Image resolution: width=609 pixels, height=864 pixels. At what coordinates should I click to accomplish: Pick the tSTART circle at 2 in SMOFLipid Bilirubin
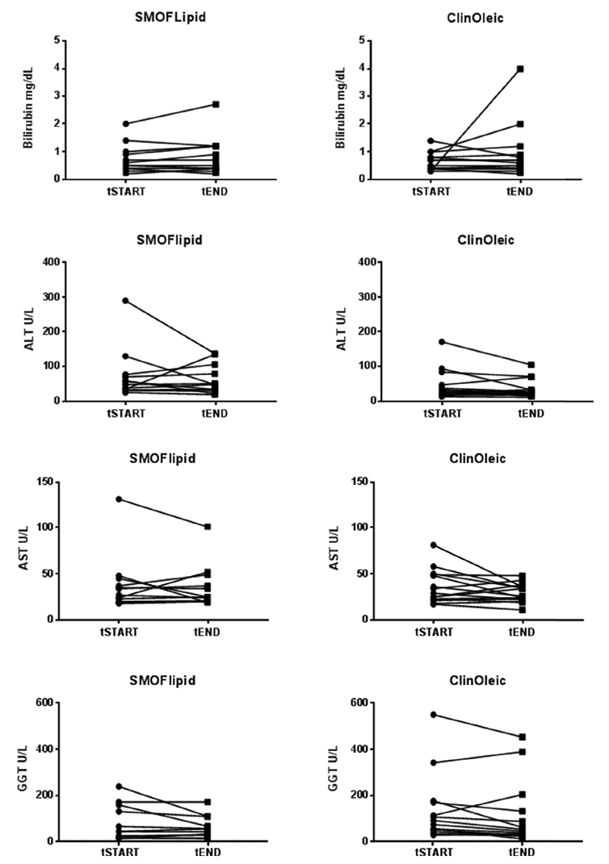(x=127, y=123)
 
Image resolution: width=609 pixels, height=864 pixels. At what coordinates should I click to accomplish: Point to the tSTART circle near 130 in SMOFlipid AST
(x=119, y=499)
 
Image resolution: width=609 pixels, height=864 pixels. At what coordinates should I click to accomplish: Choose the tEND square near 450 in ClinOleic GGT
(x=523, y=737)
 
